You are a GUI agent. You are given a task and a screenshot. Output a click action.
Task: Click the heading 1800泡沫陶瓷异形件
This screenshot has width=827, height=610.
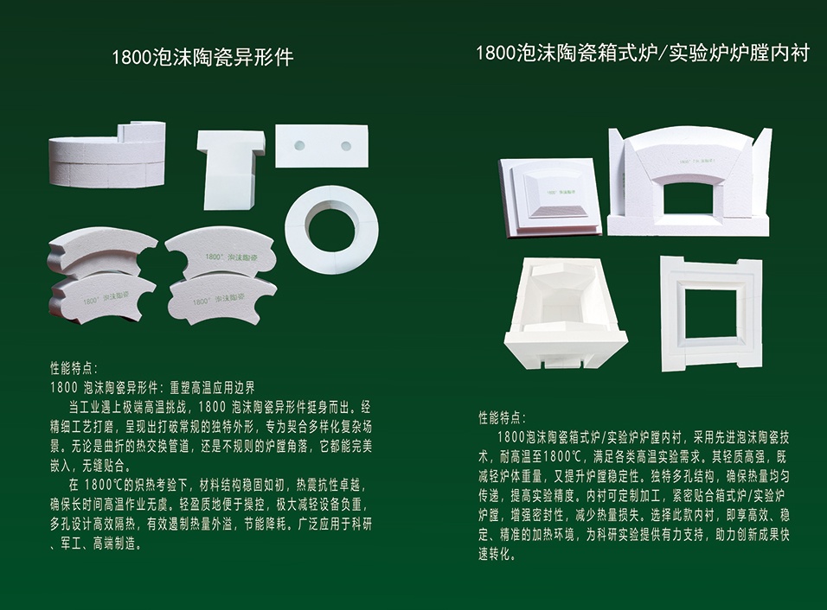202,57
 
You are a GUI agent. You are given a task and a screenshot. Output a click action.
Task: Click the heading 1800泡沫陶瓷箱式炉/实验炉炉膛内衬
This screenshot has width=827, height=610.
643,53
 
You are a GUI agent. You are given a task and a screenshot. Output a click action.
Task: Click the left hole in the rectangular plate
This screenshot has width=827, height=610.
299,145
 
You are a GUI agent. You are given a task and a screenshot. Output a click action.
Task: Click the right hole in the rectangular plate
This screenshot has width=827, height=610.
347,145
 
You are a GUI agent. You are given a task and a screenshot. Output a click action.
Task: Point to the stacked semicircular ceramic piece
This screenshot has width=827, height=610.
107,155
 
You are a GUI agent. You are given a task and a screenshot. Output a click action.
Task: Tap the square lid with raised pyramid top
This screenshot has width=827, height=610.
549,198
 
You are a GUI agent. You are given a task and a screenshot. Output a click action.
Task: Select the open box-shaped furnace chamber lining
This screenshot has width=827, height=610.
566,314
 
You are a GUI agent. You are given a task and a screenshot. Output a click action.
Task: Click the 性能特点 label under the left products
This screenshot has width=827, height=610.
74,368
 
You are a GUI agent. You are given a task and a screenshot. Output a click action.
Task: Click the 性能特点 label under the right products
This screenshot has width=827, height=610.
502,418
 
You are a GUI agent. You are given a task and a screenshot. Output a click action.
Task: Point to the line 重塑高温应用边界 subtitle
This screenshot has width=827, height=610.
211,388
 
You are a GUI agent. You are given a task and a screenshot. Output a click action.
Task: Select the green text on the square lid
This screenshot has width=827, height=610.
561,194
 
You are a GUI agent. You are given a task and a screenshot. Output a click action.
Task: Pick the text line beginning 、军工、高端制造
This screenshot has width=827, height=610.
96,543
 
